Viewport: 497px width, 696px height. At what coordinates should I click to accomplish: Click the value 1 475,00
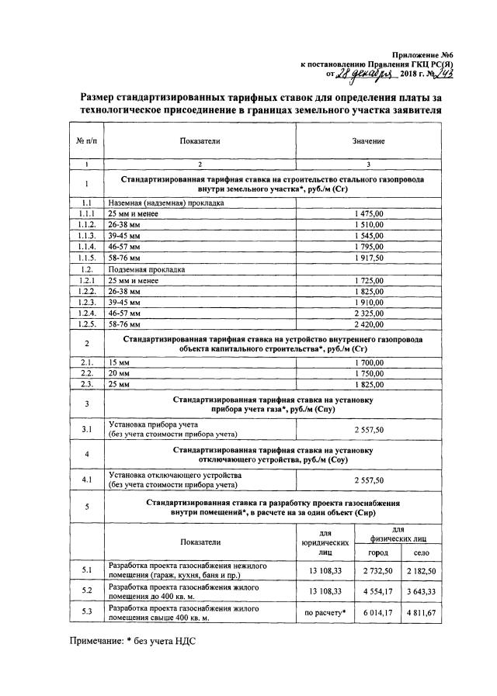pyautogui.click(x=369, y=213)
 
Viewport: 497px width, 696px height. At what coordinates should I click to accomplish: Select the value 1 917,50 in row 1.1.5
pyautogui.click(x=369, y=257)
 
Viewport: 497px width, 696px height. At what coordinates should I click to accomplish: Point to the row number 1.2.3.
pyautogui.click(x=87, y=301)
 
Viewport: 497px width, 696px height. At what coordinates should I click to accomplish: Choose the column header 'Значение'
pyautogui.click(x=369, y=141)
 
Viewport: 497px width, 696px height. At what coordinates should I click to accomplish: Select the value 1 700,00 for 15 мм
pyautogui.click(x=369, y=362)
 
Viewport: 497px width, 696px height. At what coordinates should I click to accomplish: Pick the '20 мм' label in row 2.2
pyautogui.click(x=118, y=373)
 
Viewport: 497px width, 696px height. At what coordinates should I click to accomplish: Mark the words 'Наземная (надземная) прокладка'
pyautogui.click(x=166, y=202)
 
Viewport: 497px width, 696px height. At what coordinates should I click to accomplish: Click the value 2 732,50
pyautogui.click(x=377, y=570)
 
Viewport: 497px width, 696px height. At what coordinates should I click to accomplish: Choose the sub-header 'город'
pyautogui.click(x=377, y=551)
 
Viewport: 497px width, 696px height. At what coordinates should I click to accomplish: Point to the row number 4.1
pyautogui.click(x=87, y=480)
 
